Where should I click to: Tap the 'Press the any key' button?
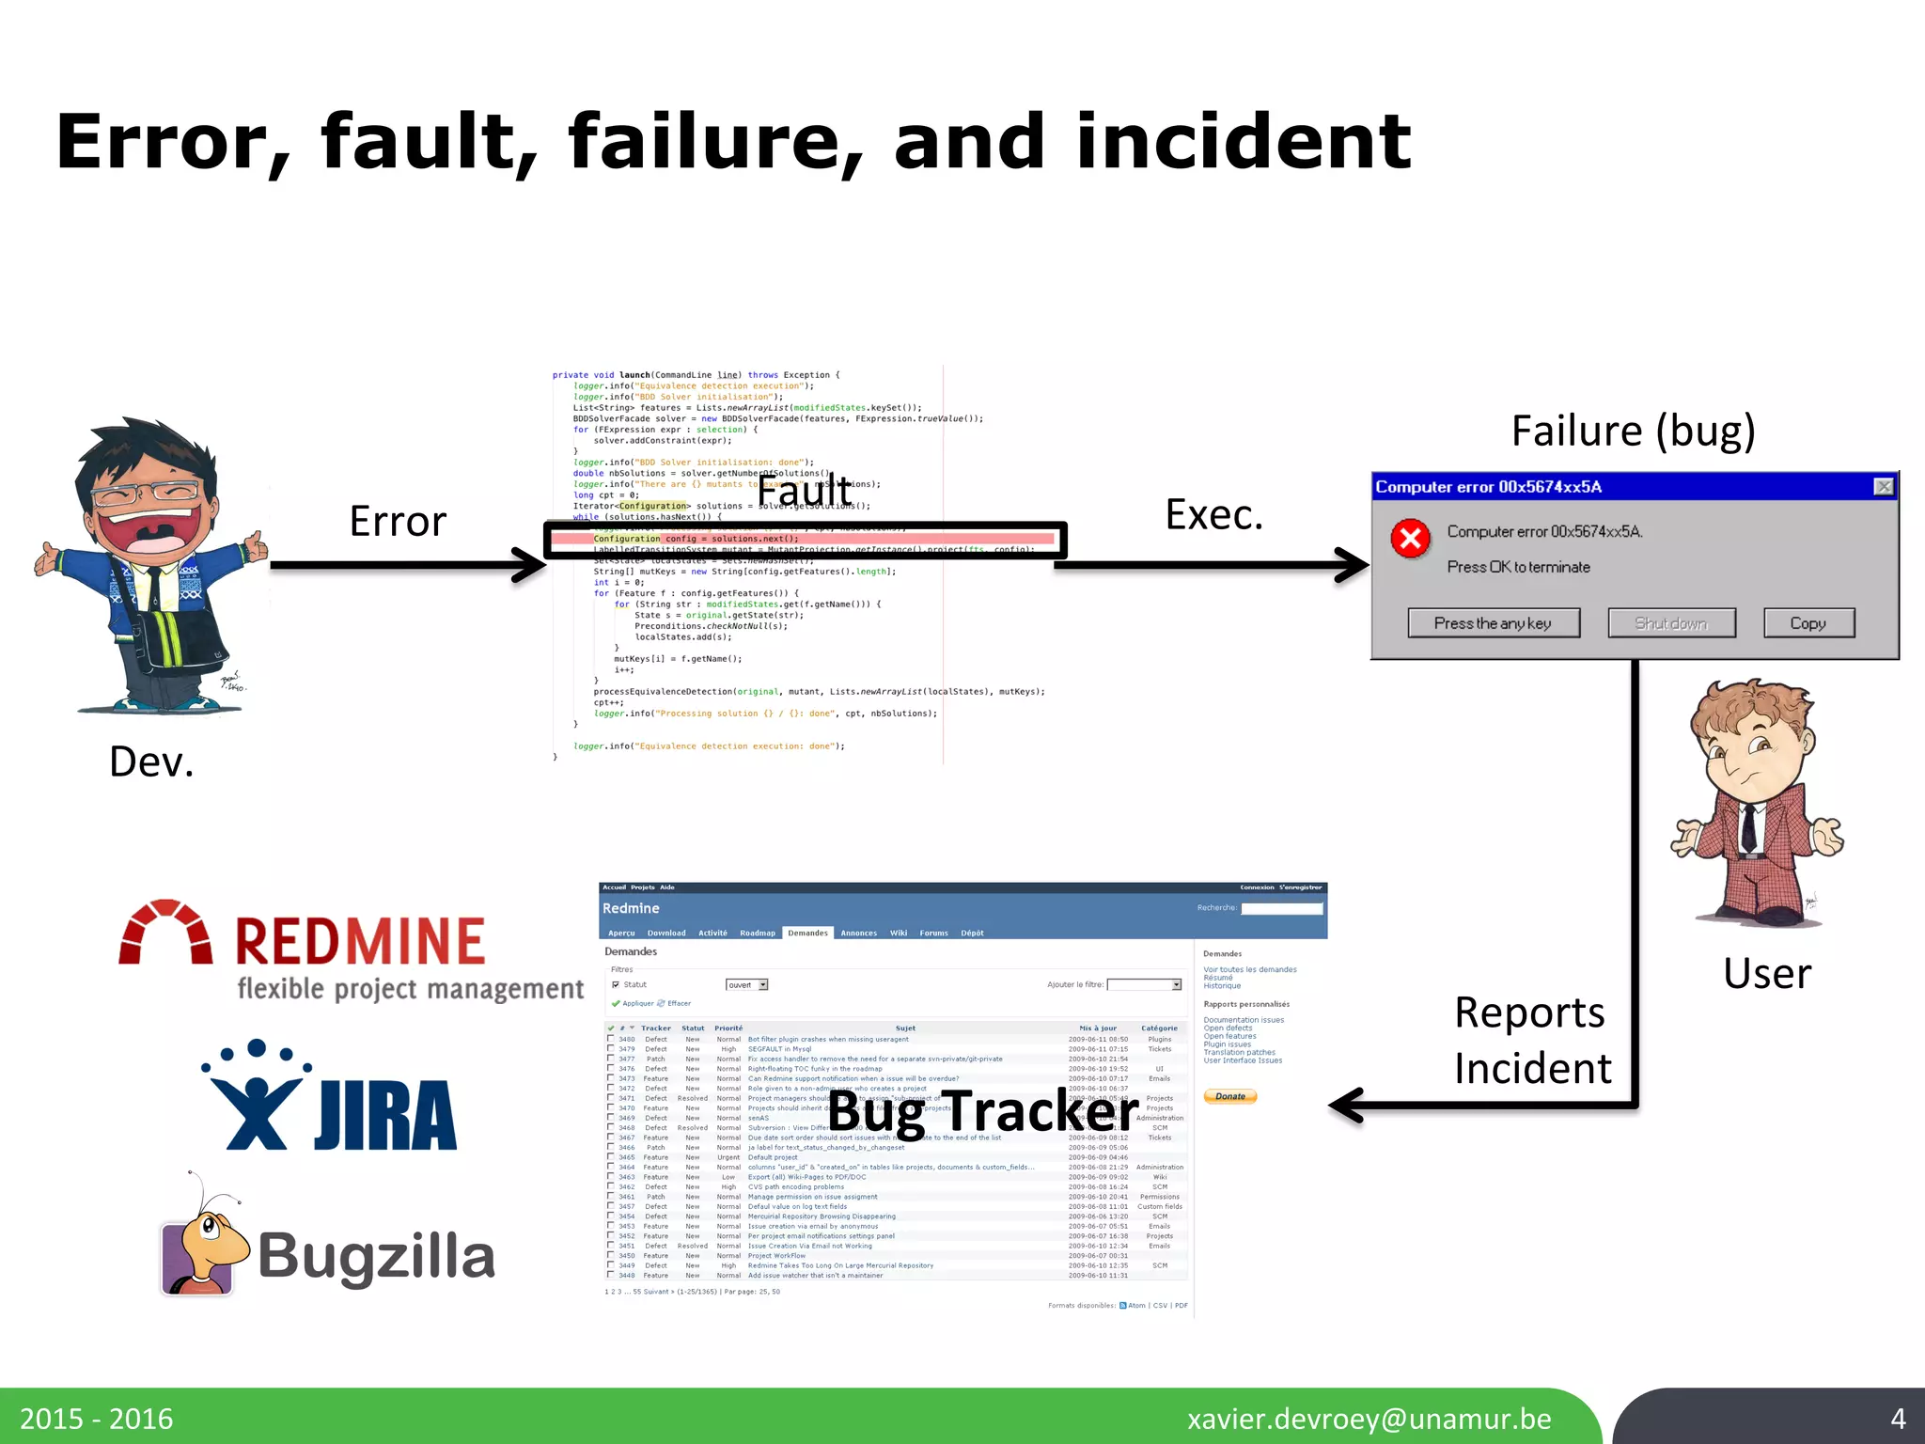click(1493, 623)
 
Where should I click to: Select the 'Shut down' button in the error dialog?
click(1670, 623)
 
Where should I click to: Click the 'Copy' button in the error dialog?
click(1808, 623)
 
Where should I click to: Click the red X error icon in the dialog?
click(1410, 539)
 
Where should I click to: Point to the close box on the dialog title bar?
click(1883, 486)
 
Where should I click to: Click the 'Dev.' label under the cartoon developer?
click(151, 761)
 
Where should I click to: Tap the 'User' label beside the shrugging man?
click(1766, 973)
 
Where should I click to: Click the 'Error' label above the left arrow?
click(398, 521)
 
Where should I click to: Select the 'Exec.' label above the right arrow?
click(1213, 514)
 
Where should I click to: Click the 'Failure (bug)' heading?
click(1633, 431)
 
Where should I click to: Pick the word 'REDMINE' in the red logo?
click(360, 942)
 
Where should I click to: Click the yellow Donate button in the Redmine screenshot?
click(1229, 1096)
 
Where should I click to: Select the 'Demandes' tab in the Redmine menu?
click(807, 933)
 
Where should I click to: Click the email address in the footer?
click(1369, 1418)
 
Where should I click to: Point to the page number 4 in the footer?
click(1898, 1418)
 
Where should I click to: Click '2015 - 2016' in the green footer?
click(97, 1418)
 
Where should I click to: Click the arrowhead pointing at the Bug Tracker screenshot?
click(1346, 1106)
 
